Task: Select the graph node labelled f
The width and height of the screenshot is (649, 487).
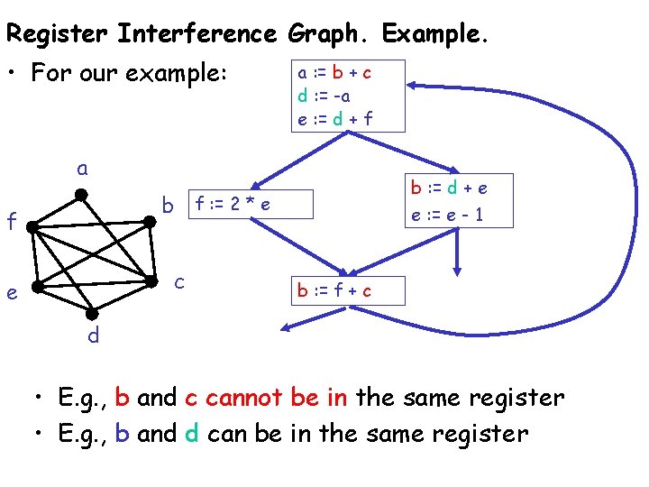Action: click(32, 226)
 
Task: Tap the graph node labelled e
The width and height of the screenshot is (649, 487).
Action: click(36, 288)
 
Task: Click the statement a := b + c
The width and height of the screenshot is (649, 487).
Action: click(334, 73)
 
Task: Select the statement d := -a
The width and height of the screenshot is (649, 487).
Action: click(324, 95)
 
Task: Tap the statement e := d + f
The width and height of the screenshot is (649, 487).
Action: click(334, 117)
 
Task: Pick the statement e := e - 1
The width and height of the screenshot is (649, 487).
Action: click(449, 215)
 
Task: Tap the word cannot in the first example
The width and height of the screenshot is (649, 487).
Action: click(248, 397)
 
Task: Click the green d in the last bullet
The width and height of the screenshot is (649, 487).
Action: click(191, 434)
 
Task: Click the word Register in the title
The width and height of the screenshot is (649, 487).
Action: click(57, 34)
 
